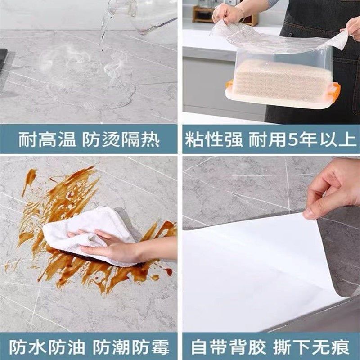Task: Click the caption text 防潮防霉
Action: pyautogui.click(x=131, y=347)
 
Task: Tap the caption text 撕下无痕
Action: pyautogui.click(x=310, y=347)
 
